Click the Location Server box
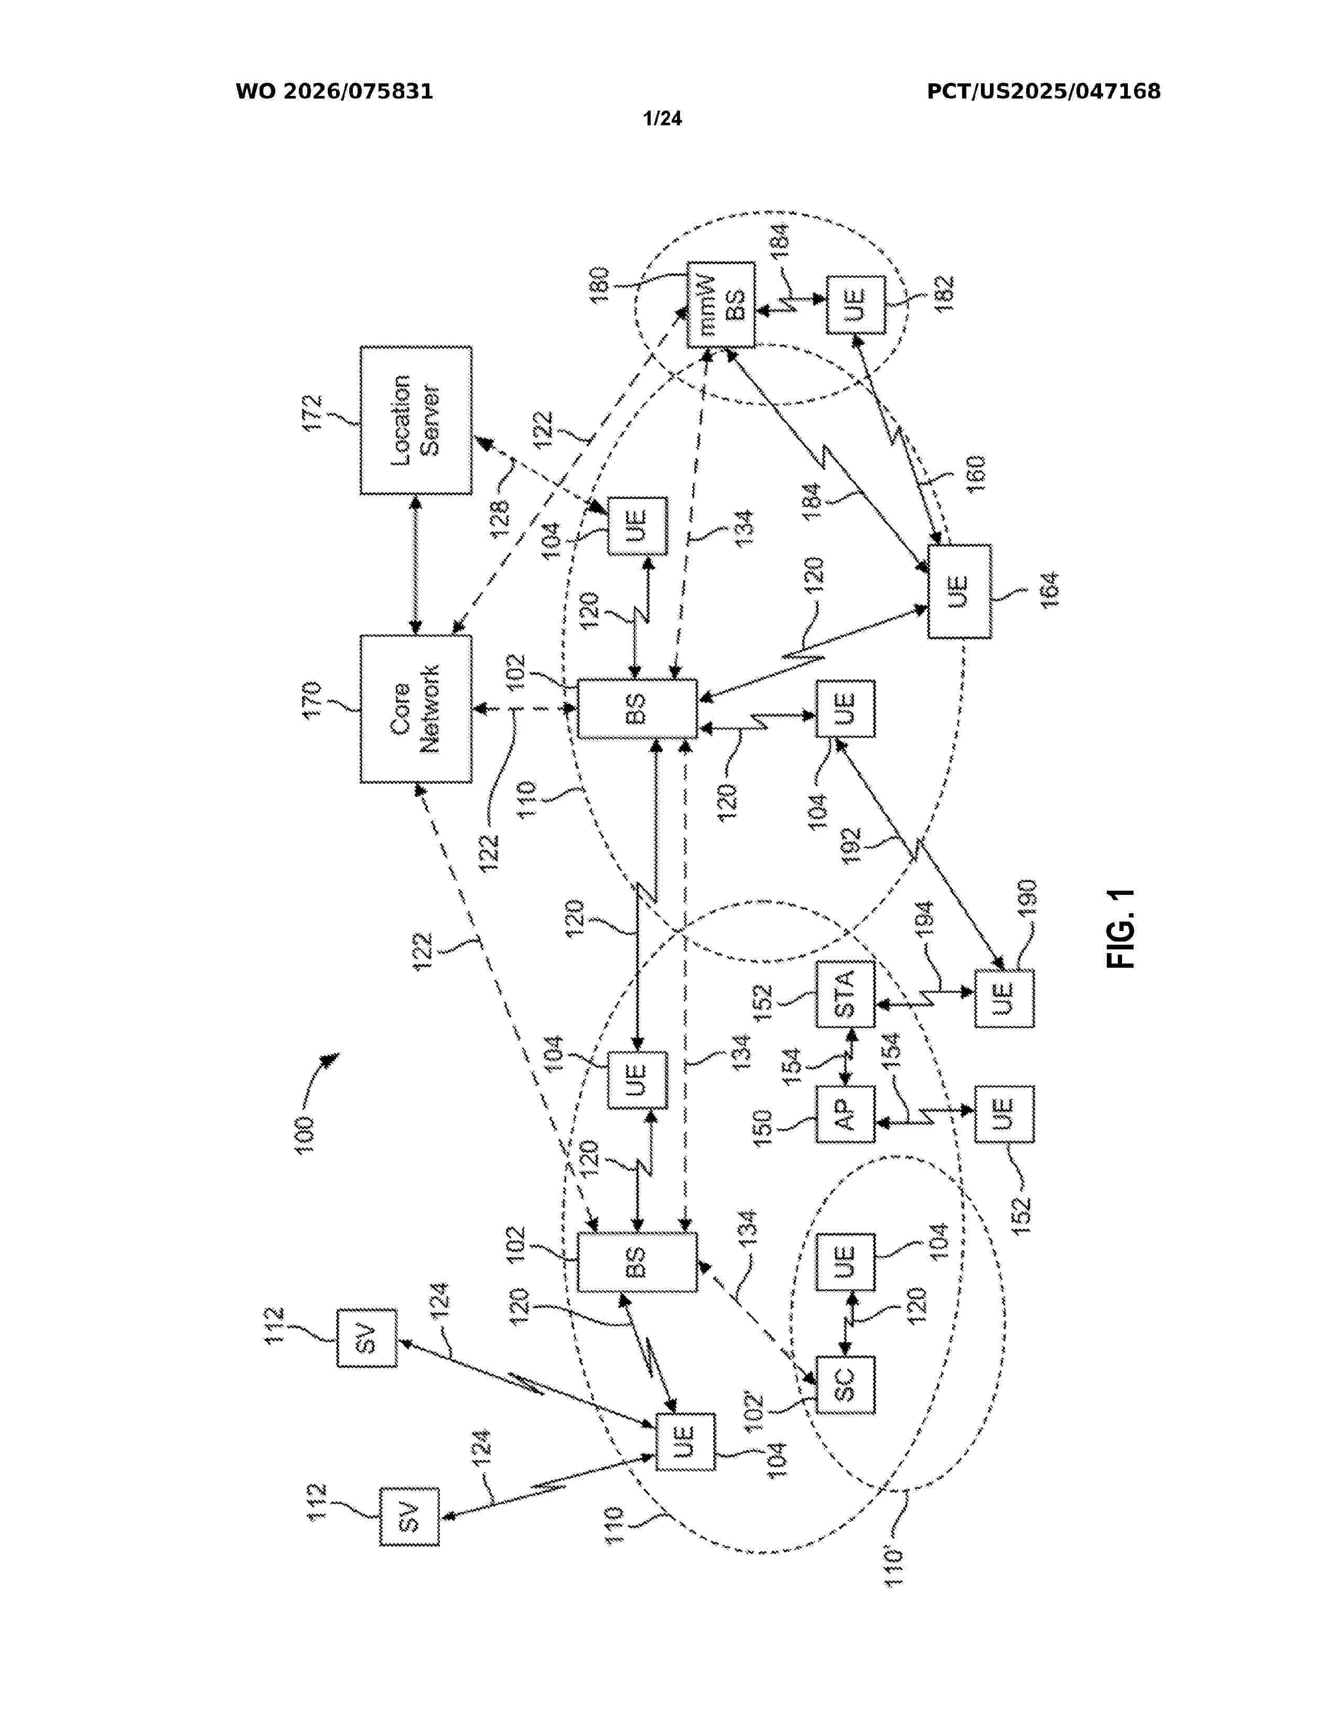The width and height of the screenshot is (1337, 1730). (416, 420)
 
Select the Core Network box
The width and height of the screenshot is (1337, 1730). (416, 709)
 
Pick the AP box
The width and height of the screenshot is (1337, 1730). (846, 1113)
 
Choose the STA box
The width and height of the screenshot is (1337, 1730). (846, 994)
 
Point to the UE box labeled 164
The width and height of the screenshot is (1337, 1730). (959, 591)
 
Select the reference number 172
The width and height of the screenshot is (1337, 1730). (312, 413)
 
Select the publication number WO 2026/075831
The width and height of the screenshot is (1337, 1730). (335, 92)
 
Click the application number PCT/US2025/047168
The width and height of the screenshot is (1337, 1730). (1044, 92)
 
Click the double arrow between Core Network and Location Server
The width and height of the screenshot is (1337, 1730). (416, 565)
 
